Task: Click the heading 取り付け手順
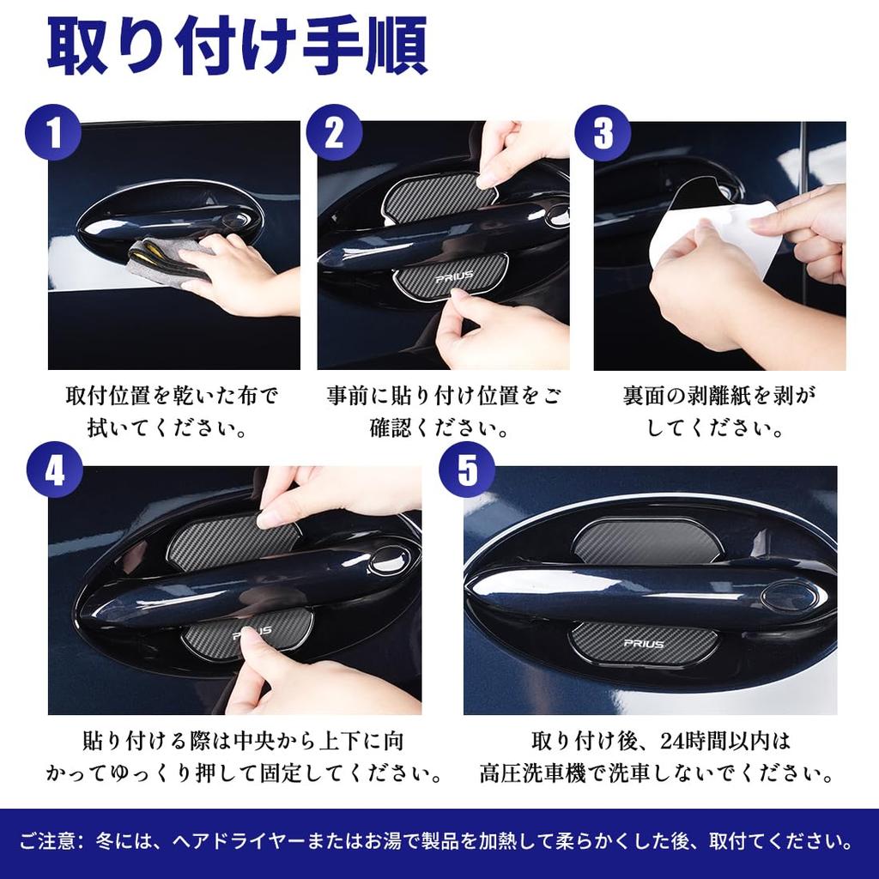[x=237, y=49]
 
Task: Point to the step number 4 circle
[x=54, y=471]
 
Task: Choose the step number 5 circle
[x=466, y=471]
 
